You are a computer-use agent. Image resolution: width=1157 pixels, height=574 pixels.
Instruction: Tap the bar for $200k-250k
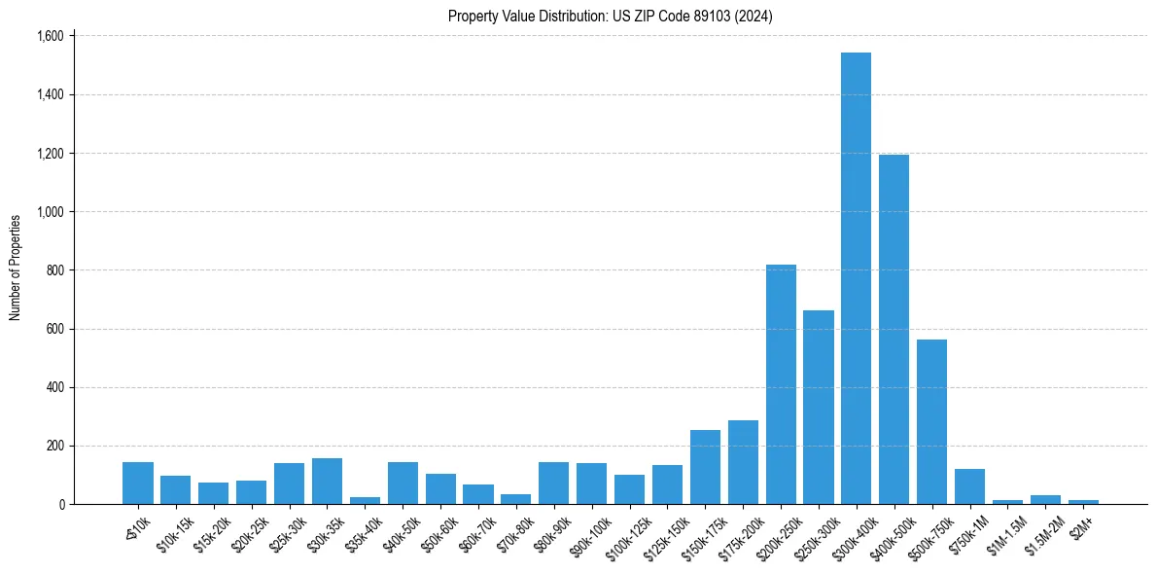coord(781,384)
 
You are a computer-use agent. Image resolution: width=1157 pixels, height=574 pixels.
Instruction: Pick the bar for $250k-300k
coord(819,408)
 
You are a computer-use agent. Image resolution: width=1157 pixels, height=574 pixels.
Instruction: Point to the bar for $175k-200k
coord(743,462)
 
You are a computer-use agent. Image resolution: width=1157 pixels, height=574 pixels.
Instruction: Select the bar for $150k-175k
coord(705,467)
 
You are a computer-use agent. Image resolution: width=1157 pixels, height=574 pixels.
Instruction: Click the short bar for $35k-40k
coord(365,500)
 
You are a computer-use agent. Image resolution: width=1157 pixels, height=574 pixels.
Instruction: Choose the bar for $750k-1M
coord(969,486)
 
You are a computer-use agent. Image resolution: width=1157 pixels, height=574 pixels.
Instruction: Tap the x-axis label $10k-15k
coord(174,534)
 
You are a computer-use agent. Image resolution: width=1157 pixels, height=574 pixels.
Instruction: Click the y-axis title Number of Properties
coord(16,268)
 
